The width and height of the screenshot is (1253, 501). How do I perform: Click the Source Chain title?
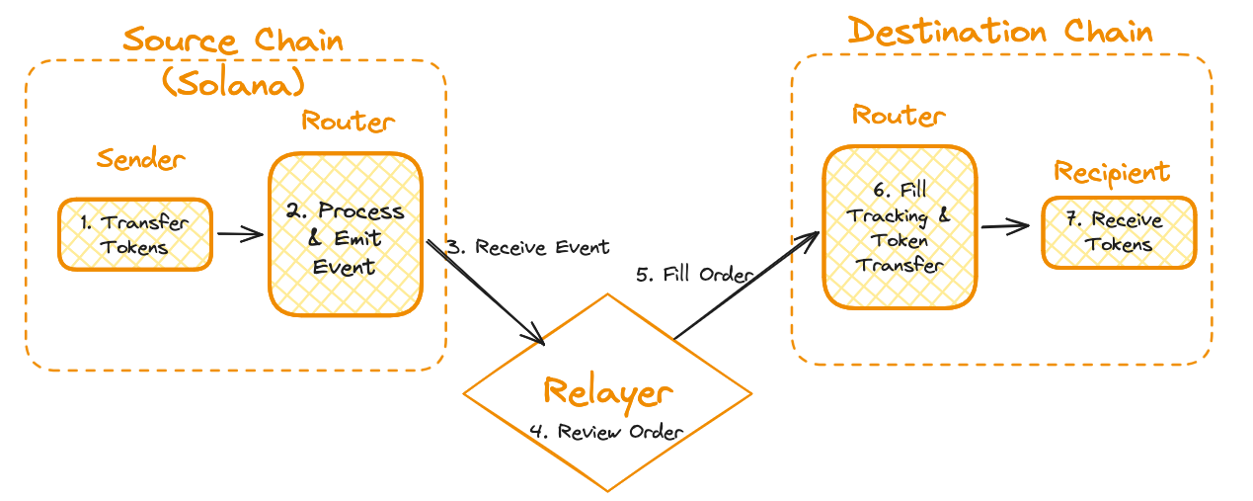click(x=233, y=42)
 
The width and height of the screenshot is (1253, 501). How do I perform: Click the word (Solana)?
click(x=233, y=83)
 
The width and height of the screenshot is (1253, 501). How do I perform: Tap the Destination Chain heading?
click(x=1000, y=32)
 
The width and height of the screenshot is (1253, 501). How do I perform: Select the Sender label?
click(x=140, y=159)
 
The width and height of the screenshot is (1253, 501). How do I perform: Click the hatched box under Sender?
click(x=135, y=234)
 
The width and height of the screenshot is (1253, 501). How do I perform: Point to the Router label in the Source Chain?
click(x=348, y=122)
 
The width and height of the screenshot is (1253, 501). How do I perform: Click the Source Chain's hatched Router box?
click(x=346, y=235)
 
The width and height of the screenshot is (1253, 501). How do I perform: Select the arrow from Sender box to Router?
click(x=239, y=234)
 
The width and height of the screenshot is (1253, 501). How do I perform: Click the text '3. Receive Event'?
click(x=528, y=247)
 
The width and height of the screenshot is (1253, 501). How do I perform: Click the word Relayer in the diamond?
click(x=607, y=392)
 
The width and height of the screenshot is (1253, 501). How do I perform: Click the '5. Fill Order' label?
click(x=695, y=275)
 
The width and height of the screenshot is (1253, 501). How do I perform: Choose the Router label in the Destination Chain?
click(x=899, y=116)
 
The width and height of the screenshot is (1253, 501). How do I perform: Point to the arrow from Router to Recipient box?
click(x=1007, y=227)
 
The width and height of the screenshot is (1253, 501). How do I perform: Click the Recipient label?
click(x=1112, y=172)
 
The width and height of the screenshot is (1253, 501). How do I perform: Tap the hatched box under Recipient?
click(x=1119, y=232)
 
